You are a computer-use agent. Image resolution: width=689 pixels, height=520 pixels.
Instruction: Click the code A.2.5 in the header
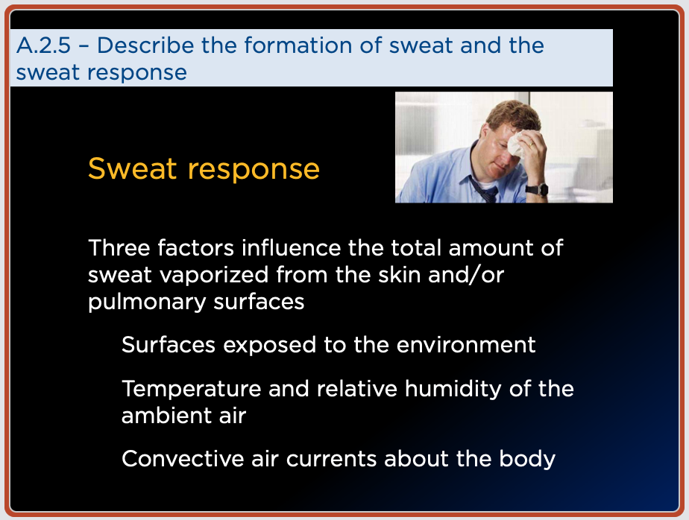click(x=43, y=45)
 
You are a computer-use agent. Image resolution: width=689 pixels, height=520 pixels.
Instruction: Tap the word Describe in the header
click(x=145, y=45)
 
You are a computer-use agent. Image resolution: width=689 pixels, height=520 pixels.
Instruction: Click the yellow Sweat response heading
click(x=204, y=168)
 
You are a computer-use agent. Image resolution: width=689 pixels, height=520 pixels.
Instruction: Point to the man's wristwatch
click(x=538, y=190)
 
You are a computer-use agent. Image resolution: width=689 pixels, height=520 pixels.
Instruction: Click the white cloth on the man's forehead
click(x=517, y=144)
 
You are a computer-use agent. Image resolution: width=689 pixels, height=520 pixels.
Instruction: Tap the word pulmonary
click(x=147, y=302)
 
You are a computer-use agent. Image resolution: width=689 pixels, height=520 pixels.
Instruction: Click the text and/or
click(x=466, y=275)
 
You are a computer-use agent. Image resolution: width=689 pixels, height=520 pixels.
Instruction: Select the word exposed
click(x=269, y=345)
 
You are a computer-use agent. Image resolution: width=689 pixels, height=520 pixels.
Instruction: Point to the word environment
click(x=466, y=345)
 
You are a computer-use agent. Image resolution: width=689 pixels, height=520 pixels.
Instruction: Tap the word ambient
click(x=166, y=416)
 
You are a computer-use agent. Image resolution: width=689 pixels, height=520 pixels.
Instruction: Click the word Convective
click(x=183, y=459)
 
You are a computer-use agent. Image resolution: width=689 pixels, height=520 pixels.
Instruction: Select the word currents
click(x=331, y=460)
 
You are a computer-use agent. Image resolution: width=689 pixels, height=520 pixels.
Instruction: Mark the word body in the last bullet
click(x=527, y=460)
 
